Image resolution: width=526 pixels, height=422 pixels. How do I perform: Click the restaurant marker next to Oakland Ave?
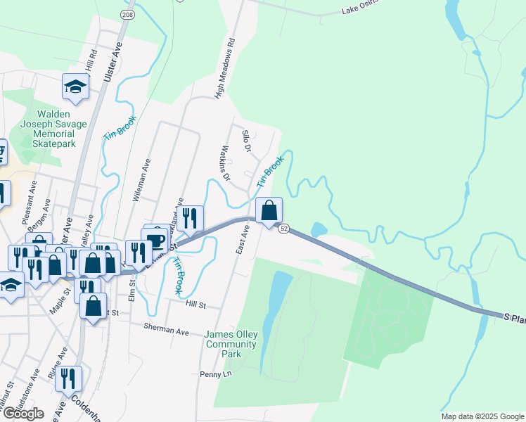(190, 218)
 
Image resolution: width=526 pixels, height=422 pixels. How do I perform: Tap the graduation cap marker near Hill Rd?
(75, 87)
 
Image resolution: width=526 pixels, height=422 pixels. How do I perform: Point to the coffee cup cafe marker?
(155, 240)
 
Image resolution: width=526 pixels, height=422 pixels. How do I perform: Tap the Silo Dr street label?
(246, 141)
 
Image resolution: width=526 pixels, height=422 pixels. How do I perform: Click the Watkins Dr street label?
(226, 163)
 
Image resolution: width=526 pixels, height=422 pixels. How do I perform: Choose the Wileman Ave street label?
(141, 179)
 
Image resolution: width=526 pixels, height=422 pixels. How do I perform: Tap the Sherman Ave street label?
(167, 328)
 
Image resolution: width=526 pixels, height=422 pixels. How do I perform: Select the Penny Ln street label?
(215, 374)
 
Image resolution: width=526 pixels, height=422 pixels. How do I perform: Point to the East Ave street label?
(242, 241)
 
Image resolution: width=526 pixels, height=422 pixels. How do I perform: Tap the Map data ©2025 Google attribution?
(482, 416)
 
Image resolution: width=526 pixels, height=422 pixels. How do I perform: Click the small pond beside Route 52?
(319, 230)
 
